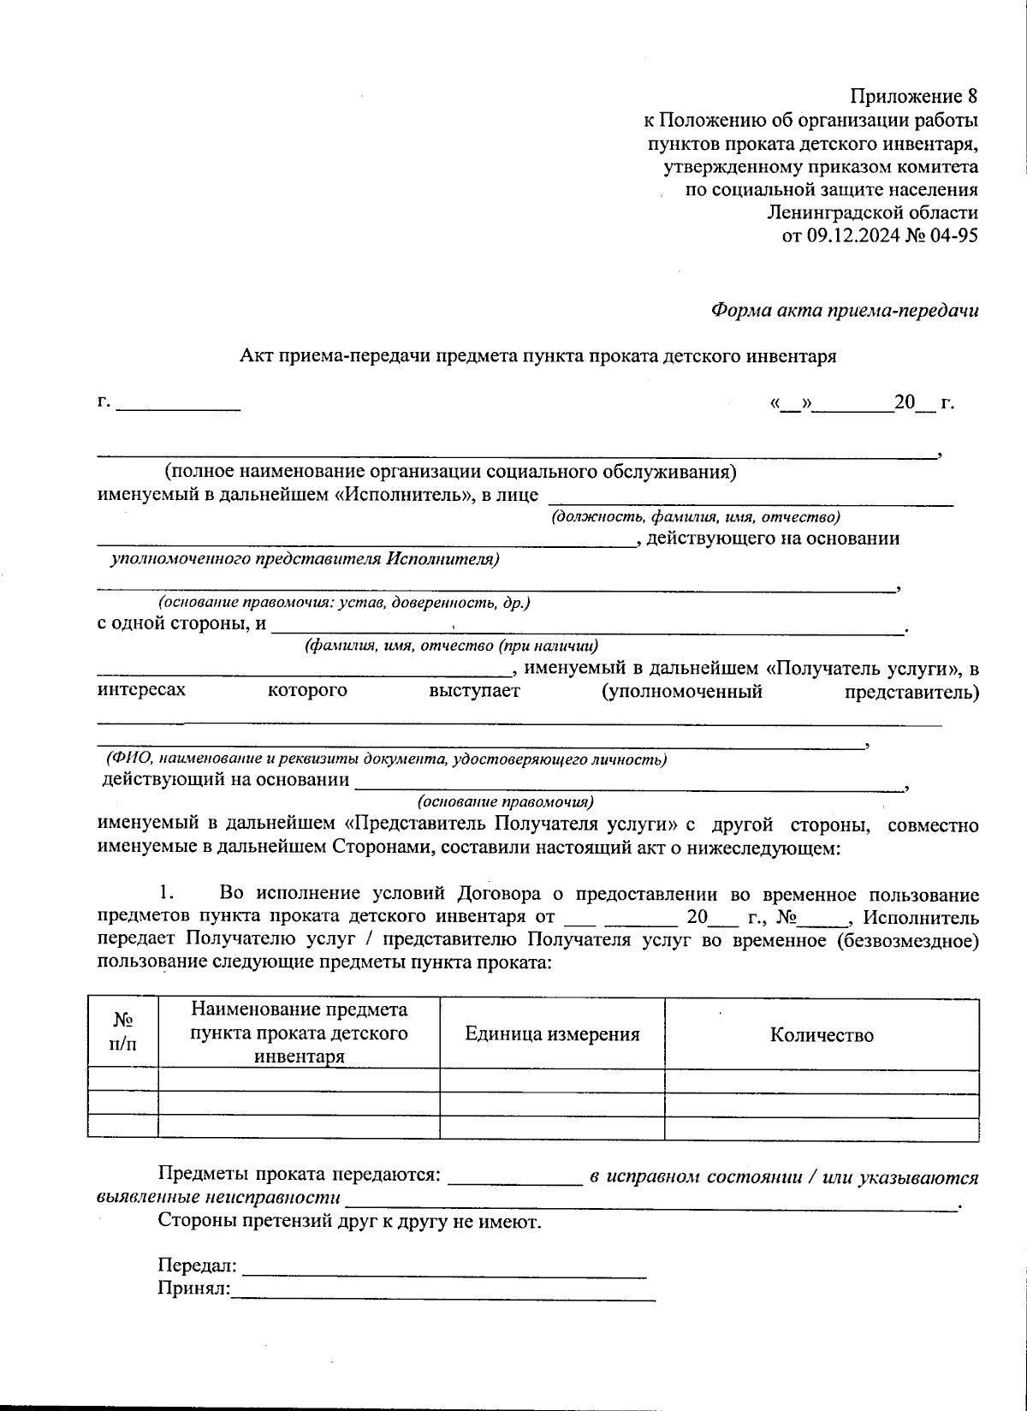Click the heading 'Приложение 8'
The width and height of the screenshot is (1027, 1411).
tap(913, 96)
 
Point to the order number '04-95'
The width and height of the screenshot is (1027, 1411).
tap(955, 236)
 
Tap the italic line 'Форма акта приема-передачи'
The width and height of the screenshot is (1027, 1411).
tap(845, 311)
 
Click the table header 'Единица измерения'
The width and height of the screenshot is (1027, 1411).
tap(552, 1034)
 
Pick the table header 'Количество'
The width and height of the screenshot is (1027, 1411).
tap(822, 1035)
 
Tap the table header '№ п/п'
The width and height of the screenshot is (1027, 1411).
tap(122, 1033)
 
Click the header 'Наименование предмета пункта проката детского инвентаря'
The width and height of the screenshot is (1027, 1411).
tap(299, 1033)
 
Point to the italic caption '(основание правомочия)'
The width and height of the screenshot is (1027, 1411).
tap(505, 802)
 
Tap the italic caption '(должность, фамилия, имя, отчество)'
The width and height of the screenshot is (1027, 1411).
tap(695, 517)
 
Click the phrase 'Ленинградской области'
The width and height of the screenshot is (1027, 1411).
tap(872, 212)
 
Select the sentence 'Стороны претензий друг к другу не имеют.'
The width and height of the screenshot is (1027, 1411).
tap(349, 1221)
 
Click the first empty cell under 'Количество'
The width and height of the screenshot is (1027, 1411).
tap(822, 1081)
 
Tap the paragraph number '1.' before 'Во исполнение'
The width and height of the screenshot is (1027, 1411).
tap(168, 895)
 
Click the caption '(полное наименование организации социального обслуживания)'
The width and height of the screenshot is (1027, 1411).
tap(451, 472)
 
